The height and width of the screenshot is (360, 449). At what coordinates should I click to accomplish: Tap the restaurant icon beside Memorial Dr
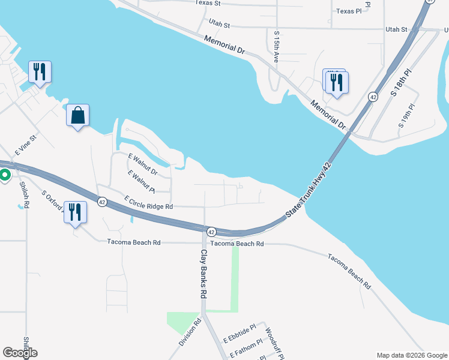pyautogui.click(x=337, y=82)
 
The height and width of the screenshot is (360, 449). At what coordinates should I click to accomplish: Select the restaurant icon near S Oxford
pyautogui.click(x=75, y=212)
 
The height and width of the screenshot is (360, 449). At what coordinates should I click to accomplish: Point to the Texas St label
pyautogui.click(x=208, y=3)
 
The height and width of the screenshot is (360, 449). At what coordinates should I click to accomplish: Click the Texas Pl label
pyautogui.click(x=349, y=11)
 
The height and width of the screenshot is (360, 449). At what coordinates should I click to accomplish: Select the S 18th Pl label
pyautogui.click(x=402, y=83)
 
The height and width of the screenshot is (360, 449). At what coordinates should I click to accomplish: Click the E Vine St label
pyautogui.click(x=26, y=145)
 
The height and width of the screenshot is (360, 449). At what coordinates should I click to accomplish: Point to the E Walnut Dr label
pyautogui.click(x=143, y=164)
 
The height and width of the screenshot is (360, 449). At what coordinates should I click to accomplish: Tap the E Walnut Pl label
pyautogui.click(x=142, y=182)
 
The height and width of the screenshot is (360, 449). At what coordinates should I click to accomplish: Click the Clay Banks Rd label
pyautogui.click(x=203, y=274)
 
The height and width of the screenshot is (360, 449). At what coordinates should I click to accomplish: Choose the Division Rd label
pyautogui.click(x=189, y=334)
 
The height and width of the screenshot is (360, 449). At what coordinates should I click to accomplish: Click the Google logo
pyautogui.click(x=20, y=353)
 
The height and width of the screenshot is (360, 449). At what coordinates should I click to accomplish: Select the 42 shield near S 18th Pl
pyautogui.click(x=373, y=97)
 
